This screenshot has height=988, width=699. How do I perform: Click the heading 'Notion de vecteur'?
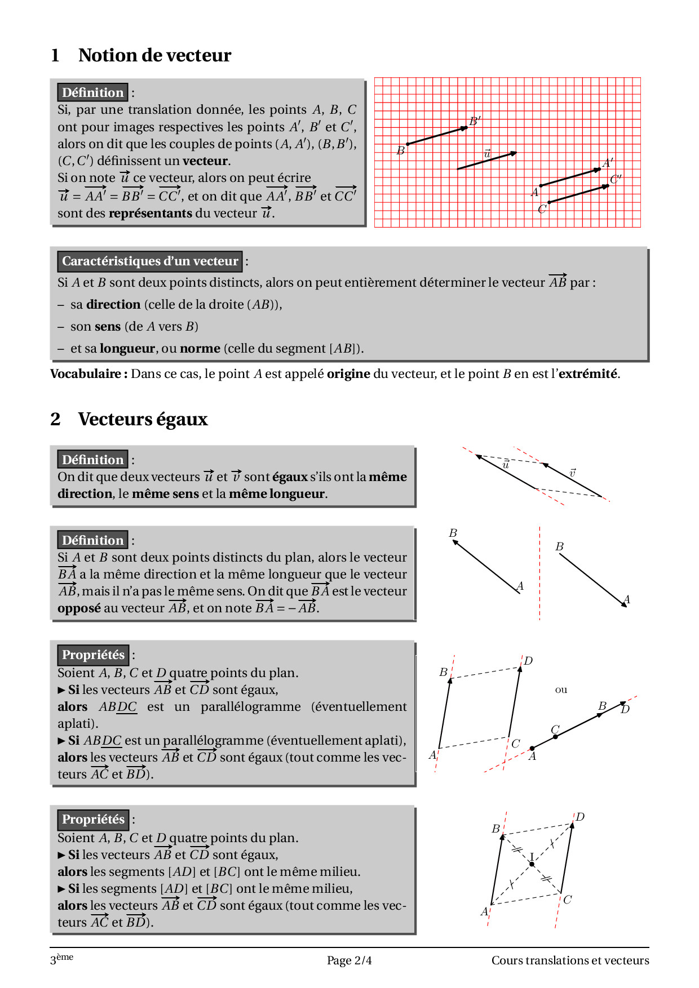click(154, 55)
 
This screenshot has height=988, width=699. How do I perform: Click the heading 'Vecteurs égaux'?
click(143, 419)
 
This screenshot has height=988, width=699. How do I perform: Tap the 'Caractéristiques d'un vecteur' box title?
click(149, 261)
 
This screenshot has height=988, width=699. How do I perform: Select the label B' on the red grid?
click(475, 121)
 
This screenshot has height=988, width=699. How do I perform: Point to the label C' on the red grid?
click(615, 180)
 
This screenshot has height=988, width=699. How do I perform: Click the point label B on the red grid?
click(400, 150)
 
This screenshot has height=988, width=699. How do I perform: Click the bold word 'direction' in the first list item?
click(113, 304)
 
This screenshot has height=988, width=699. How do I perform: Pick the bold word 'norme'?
click(200, 348)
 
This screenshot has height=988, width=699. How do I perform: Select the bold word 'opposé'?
click(79, 608)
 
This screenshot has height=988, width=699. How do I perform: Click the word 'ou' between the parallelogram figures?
click(561, 689)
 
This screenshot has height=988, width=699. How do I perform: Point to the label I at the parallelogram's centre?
click(531, 857)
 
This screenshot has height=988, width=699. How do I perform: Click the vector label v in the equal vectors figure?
click(572, 473)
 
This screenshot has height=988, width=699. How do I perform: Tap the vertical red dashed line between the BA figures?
click(539, 575)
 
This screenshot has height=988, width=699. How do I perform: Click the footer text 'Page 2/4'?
click(349, 960)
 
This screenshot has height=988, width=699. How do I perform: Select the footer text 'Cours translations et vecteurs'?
click(570, 960)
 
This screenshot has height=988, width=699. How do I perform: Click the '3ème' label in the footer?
click(61, 959)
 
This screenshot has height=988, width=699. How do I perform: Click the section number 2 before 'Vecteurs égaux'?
click(55, 419)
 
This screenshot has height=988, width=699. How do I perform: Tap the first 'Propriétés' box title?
click(93, 655)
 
